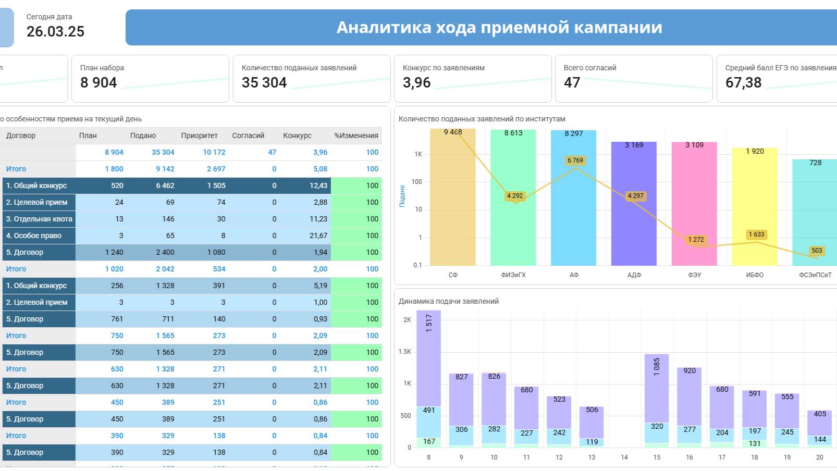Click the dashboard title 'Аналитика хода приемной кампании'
tap(499, 27)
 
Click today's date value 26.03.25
tap(55, 32)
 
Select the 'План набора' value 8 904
tap(99, 83)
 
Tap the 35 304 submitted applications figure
tap(264, 83)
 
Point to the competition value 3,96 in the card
tap(417, 83)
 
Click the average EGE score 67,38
tap(743, 83)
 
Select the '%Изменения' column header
tap(356, 135)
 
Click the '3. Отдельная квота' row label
tap(39, 219)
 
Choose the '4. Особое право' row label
tap(34, 235)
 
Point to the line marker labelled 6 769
tap(575, 160)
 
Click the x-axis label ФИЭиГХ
tap(513, 275)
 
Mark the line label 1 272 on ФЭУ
tap(696, 240)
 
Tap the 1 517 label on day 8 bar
tap(429, 324)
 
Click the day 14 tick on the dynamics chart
tap(624, 457)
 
